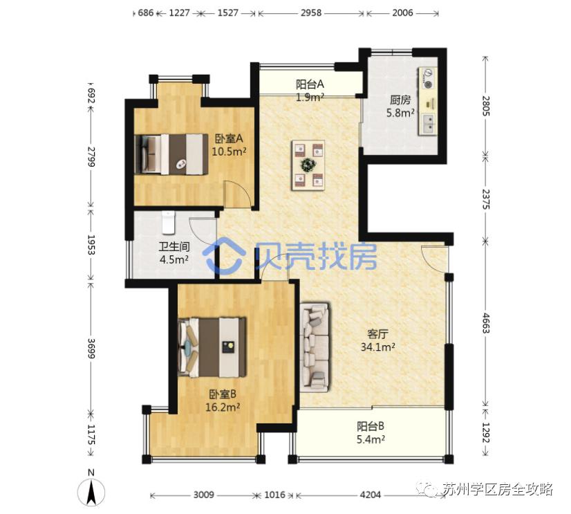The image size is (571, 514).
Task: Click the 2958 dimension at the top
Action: point(310,13)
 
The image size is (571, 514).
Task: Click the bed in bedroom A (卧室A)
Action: point(173,154)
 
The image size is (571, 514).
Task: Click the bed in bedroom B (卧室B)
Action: point(213,345)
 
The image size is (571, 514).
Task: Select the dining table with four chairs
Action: point(308,165)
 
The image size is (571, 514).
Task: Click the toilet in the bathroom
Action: point(169,223)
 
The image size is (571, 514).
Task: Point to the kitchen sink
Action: point(429,123)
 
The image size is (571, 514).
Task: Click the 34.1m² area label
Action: point(378,349)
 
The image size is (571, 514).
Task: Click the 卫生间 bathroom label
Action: point(174,248)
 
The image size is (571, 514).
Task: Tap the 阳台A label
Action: point(310,84)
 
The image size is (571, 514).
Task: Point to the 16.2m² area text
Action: point(223,407)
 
